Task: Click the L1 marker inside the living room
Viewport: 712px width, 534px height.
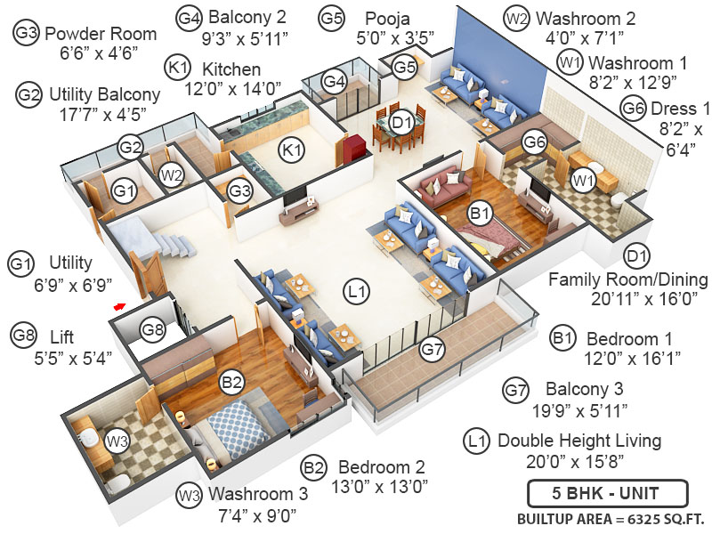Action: coord(357,289)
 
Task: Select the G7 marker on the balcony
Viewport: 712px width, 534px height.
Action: coord(433,350)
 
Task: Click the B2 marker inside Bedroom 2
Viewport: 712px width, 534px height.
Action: coord(232,383)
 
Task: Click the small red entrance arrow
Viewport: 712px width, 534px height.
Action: coord(118,306)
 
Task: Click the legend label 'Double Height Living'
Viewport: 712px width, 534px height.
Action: coord(579,441)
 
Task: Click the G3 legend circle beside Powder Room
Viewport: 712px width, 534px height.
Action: coord(27,34)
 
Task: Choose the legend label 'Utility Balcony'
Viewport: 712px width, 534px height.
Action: coord(105,93)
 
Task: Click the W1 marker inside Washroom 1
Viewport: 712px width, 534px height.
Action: coord(583,182)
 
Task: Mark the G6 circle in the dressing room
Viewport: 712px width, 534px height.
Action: coord(534,141)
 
